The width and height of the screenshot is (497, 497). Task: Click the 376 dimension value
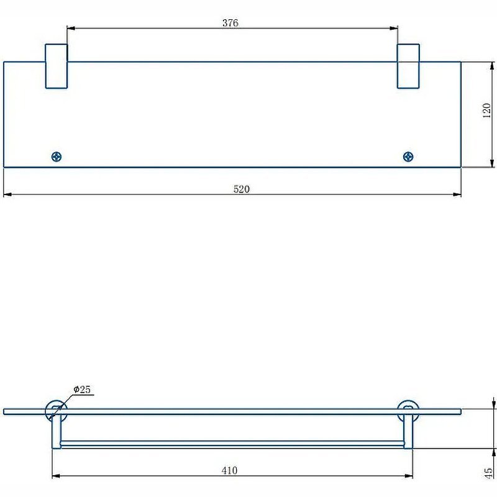coord(230,23)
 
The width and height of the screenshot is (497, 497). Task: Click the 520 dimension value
coord(241,189)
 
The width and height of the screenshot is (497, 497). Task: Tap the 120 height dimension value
coord(486,112)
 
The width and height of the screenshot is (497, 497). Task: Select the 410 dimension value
coord(229,470)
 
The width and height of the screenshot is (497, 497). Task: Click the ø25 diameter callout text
coord(82,390)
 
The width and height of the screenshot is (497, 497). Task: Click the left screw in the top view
coord(57,157)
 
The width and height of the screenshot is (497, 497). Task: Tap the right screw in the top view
coord(408,157)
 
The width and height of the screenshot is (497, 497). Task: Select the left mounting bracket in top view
coord(56,66)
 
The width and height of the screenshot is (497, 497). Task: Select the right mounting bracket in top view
coord(408,66)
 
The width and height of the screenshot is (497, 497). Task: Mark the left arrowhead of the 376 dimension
coord(70,28)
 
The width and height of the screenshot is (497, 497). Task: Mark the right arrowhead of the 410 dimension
coord(409,476)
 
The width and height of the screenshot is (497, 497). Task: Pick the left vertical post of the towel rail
coord(56,432)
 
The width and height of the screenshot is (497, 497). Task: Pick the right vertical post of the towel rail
coord(408,432)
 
